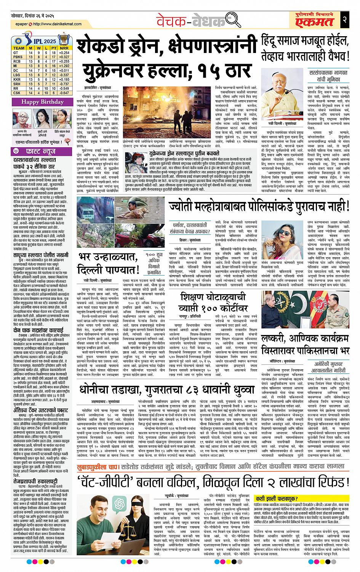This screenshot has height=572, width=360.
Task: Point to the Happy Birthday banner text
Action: tap(37, 102)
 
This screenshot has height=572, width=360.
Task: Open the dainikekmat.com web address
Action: tap(53, 24)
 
